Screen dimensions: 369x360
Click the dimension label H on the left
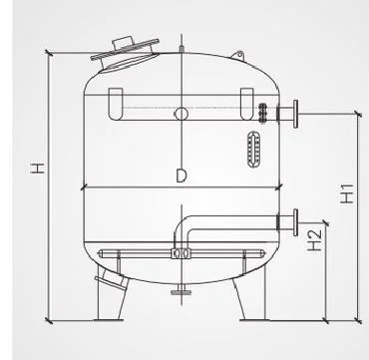pyautogui.click(x=38, y=169)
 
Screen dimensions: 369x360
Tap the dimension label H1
pyautogui.click(x=347, y=193)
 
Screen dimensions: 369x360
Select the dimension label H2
pyautogui.click(x=314, y=240)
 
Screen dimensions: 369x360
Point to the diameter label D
pyautogui.click(x=181, y=176)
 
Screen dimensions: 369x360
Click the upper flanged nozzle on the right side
pyautogui.click(x=287, y=114)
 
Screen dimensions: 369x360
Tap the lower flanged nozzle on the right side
pyautogui.click(x=287, y=222)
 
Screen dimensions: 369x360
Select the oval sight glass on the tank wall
pyautogui.click(x=253, y=149)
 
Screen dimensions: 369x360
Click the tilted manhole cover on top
pyautogui.click(x=125, y=55)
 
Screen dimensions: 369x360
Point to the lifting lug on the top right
pyautogui.click(x=238, y=56)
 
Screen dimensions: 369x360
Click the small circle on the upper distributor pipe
pyautogui.click(x=182, y=114)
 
